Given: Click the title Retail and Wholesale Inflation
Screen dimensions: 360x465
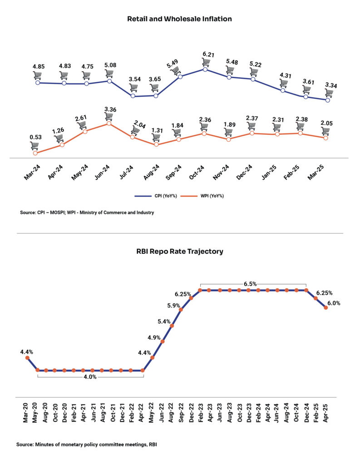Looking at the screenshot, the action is (x=179, y=19).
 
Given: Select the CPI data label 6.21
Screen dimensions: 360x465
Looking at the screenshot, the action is (x=208, y=54).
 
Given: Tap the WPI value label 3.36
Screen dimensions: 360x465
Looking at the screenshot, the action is (x=110, y=109).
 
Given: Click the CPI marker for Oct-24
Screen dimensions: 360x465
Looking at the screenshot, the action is (x=205, y=69).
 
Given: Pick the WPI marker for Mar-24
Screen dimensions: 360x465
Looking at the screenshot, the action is (x=35, y=153).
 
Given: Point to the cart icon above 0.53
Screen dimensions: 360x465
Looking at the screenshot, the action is (x=35, y=146).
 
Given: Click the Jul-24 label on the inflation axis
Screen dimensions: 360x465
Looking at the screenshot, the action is (x=127, y=173).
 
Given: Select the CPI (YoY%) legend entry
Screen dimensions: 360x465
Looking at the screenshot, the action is (x=156, y=196).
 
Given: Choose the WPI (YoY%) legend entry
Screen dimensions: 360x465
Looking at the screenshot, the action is (x=202, y=196).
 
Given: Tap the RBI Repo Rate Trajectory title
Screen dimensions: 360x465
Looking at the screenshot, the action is (x=180, y=252).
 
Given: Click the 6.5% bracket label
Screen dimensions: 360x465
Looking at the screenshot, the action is (x=250, y=284).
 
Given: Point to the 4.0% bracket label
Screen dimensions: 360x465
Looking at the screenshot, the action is (x=90, y=377).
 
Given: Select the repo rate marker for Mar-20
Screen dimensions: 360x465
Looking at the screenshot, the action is (x=27, y=358).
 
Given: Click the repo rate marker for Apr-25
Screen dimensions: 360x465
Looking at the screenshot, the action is (x=325, y=307).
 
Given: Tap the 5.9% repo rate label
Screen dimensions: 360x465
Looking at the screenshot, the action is (x=173, y=306).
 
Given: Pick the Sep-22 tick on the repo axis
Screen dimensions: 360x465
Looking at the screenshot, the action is (x=181, y=412).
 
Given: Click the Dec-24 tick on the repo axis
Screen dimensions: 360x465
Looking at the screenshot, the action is (x=306, y=412).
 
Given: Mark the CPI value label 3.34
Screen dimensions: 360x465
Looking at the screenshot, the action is (x=331, y=85).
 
